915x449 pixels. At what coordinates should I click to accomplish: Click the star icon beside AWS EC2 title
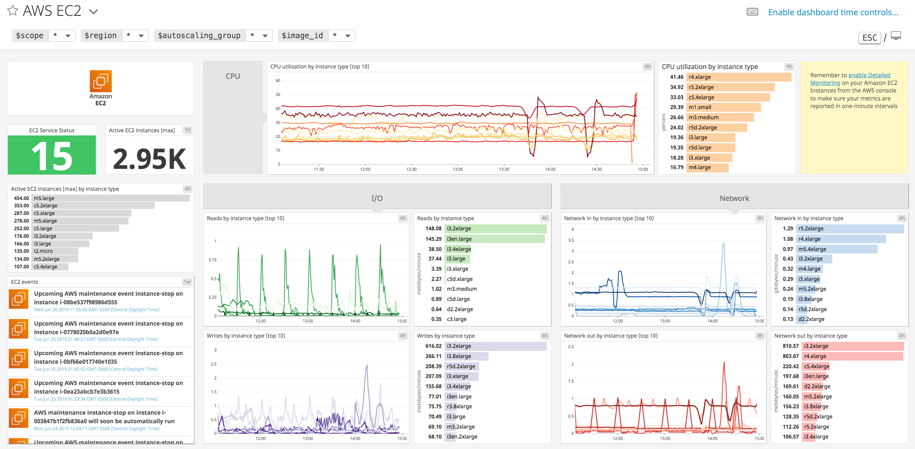point(13,11)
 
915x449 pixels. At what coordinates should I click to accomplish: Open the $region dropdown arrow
point(141,36)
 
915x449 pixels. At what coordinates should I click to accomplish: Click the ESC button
point(869,38)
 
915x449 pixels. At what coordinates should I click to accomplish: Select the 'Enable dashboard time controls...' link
point(833,12)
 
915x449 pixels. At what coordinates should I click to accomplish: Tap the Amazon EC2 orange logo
point(100,81)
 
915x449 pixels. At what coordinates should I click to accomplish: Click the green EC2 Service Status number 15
point(52,155)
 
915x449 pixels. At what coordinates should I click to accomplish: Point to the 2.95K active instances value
point(149,158)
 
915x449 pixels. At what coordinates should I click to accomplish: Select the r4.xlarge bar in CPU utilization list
point(739,77)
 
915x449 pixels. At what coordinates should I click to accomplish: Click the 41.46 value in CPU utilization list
point(676,77)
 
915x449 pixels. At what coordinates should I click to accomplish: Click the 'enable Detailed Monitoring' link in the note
point(869,75)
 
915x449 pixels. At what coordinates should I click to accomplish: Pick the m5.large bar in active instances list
point(110,198)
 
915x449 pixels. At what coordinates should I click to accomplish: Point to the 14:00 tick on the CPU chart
point(550,169)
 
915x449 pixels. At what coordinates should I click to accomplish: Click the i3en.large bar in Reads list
point(494,239)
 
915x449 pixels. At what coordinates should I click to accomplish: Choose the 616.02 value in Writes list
point(433,346)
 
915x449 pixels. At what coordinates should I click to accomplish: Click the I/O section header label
point(377,198)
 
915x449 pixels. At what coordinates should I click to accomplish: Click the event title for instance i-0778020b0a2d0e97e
point(108,328)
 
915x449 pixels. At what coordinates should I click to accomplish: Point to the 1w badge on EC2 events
point(187,282)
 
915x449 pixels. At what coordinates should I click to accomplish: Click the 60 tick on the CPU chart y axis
point(278,81)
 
